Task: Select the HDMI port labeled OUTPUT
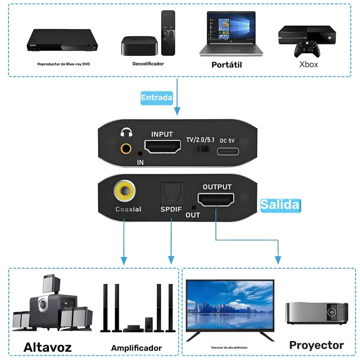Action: (217, 199)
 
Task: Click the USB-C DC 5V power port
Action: (228, 149)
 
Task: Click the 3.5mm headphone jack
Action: (126, 147)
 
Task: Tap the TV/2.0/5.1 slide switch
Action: (198, 149)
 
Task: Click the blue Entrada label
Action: (157, 98)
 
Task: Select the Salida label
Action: (280, 205)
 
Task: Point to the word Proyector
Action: (316, 345)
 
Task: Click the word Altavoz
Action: (47, 347)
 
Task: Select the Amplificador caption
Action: (136, 348)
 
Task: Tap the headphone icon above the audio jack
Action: (126, 133)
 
